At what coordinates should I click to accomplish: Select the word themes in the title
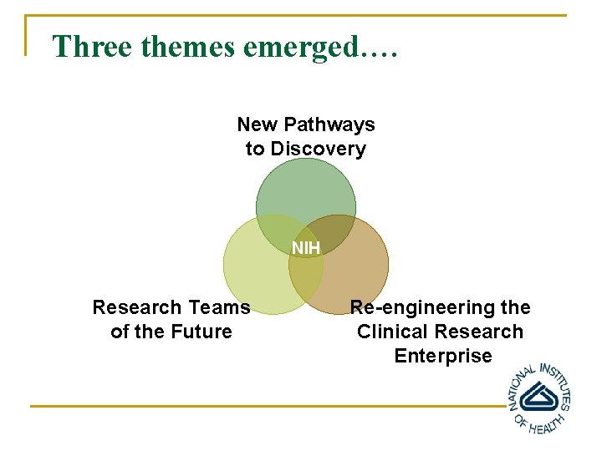[188, 47]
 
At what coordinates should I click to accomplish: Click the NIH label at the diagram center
[305, 248]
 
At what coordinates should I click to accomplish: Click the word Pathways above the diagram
[329, 125]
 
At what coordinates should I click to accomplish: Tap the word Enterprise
[443, 356]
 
